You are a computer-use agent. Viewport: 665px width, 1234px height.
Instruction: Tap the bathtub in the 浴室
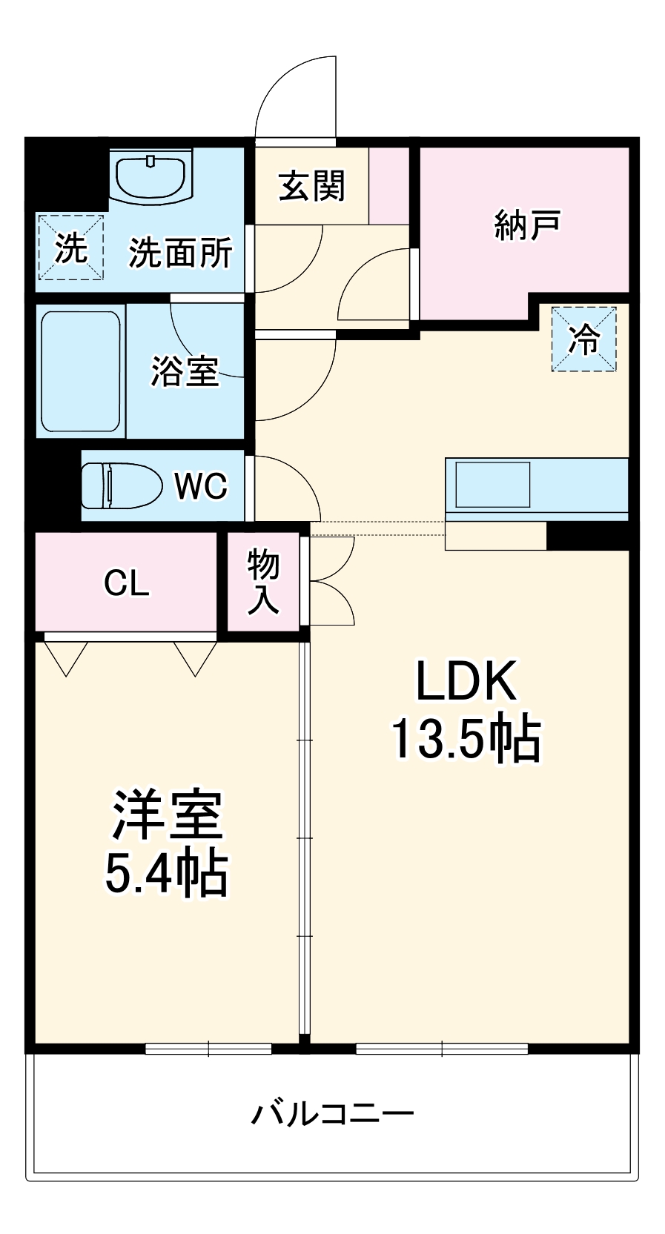[80, 371]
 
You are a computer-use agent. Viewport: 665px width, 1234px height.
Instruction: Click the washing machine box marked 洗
[71, 248]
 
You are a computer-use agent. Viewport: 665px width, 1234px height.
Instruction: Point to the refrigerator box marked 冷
[583, 339]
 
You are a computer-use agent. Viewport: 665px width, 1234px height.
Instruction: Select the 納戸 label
[527, 224]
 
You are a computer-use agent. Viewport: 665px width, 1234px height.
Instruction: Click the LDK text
[466, 682]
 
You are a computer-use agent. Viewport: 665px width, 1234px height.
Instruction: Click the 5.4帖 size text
[166, 874]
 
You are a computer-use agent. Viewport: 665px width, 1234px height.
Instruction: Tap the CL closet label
[127, 583]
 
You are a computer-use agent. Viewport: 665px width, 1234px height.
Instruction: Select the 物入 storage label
[263, 582]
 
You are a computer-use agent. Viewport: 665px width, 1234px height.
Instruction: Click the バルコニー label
[332, 1113]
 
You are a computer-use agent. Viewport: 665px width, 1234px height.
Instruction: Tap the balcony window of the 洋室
[208, 1049]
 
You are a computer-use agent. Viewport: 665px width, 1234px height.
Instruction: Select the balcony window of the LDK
[442, 1049]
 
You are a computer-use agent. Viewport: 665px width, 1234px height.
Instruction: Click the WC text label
[200, 486]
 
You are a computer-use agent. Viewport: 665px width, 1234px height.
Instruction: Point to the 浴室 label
[185, 371]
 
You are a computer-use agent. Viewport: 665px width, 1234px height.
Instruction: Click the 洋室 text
[167, 815]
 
